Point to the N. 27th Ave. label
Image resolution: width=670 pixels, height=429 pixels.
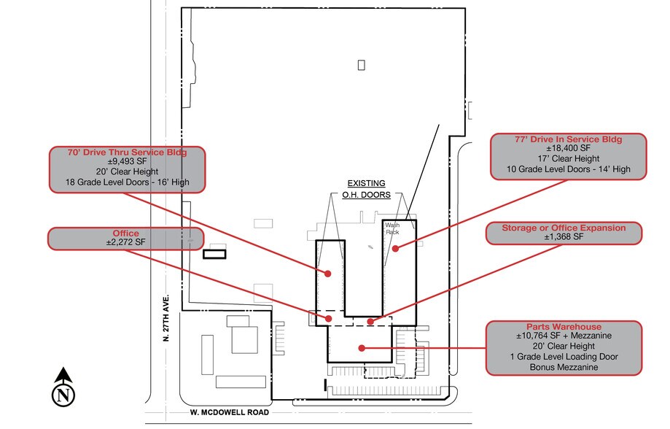click(166, 319)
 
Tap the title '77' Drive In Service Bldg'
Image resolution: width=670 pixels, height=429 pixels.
click(568, 139)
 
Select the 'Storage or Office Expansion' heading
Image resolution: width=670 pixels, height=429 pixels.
click(564, 228)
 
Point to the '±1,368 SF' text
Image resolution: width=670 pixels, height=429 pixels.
click(564, 237)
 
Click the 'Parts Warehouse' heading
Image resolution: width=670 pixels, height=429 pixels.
click(564, 326)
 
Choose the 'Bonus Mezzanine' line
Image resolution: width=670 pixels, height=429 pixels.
click(564, 368)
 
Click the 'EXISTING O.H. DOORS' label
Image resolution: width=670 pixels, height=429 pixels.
click(365, 189)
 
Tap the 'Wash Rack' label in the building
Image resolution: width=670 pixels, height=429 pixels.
click(392, 229)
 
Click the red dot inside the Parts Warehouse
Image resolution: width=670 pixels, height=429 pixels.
click(361, 348)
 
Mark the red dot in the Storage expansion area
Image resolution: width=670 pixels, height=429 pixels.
click(370, 321)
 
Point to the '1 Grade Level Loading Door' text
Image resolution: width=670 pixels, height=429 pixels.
click(564, 357)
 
